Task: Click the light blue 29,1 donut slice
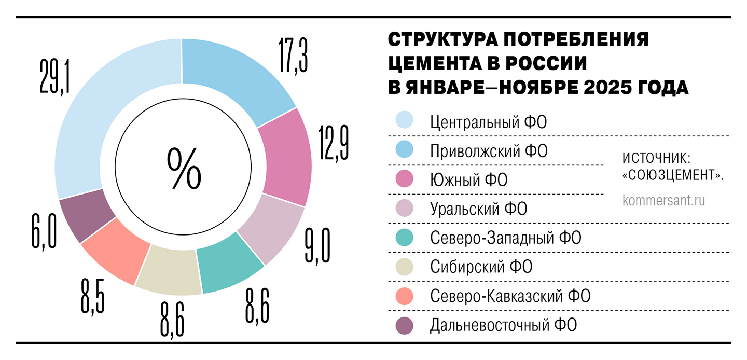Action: click(88, 119)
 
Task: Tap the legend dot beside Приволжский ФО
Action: click(404, 150)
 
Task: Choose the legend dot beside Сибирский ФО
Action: click(404, 267)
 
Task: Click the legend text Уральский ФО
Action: click(478, 209)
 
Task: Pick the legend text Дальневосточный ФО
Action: click(503, 326)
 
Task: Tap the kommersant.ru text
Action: click(664, 201)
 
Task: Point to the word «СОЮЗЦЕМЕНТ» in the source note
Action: click(672, 175)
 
